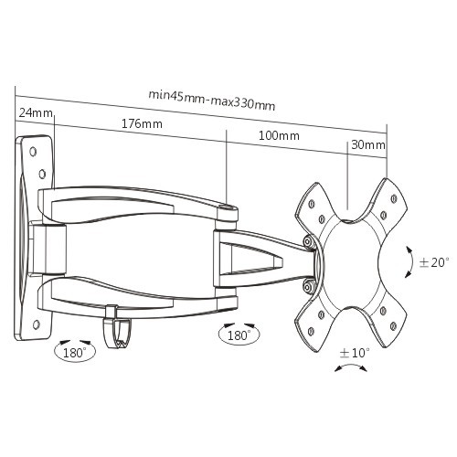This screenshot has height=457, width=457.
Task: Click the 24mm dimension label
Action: click(36, 113)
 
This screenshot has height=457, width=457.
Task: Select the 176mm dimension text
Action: click(142, 124)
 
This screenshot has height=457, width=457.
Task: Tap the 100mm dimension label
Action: click(279, 135)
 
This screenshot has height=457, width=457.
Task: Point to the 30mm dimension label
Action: click(368, 144)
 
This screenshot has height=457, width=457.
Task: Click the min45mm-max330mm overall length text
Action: click(212, 101)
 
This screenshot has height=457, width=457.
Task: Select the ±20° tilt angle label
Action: click(434, 262)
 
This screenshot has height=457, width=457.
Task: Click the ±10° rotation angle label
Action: click(355, 353)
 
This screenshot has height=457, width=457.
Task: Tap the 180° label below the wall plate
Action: click(75, 353)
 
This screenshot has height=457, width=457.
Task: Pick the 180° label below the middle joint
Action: click(239, 335)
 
